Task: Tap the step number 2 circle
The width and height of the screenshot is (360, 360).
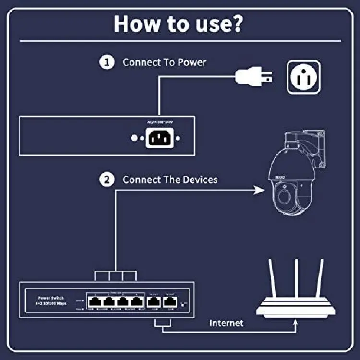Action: [106, 180]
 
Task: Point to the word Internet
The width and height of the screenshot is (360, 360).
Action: [226, 323]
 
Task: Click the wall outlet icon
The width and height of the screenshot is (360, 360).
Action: [303, 76]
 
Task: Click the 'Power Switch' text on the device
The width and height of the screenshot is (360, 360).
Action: [50, 298]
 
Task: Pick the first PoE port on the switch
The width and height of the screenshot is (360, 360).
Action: [95, 301]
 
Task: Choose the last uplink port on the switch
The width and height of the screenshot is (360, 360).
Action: [168, 301]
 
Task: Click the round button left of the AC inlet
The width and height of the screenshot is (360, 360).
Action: [135, 138]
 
